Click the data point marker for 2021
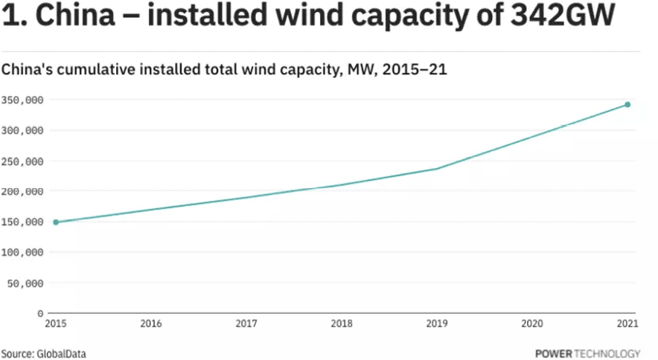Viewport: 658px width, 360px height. coord(627,105)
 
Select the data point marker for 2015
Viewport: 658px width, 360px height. coord(56,222)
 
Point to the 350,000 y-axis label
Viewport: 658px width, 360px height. coord(22,100)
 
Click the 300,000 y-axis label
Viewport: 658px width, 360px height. coord(22,130)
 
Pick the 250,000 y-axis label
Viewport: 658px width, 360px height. coord(22,161)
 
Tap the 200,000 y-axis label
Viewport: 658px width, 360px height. coord(22,191)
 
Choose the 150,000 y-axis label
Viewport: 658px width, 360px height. coord(22,222)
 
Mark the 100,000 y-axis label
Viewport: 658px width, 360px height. coord(22,252)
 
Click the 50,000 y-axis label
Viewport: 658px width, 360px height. coord(25,283)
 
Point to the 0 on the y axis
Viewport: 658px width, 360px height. coord(40,313)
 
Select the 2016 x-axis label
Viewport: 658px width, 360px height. coord(151,324)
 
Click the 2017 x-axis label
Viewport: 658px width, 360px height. coord(246,324)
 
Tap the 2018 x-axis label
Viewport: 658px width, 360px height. coord(342,324)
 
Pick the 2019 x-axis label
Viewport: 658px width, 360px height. coord(437,324)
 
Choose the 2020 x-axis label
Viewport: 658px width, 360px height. coord(532,324)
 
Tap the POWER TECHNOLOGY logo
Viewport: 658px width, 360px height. coord(587,353)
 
